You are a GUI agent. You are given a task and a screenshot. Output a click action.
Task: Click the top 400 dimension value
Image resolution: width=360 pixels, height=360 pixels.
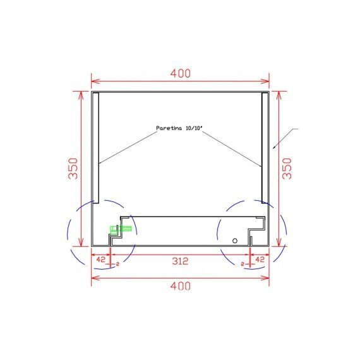181,73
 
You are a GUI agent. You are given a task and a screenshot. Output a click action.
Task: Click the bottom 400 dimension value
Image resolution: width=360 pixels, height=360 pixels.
181,286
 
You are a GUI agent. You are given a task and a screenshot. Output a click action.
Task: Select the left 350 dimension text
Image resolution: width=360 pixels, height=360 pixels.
73,169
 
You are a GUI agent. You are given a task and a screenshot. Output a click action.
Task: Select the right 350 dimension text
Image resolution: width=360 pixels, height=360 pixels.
287,169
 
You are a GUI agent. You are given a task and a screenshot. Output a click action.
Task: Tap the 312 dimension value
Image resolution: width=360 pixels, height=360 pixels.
180,261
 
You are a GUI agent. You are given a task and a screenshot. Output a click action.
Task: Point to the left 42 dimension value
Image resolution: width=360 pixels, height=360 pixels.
100,260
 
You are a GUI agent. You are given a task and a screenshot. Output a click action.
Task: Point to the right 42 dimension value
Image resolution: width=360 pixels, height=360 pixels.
260,260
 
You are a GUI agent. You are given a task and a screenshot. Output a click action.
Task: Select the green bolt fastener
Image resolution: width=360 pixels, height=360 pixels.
120,229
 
